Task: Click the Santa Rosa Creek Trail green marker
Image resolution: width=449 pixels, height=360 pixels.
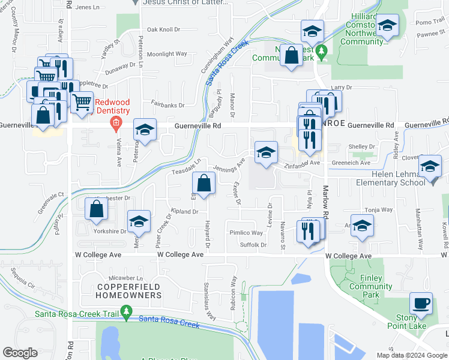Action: click(x=126, y=312)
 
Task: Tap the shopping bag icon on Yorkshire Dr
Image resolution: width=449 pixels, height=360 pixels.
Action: click(x=97, y=209)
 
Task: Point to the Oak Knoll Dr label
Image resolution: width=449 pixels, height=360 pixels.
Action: click(x=163, y=29)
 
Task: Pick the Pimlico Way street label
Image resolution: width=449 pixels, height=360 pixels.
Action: click(x=246, y=233)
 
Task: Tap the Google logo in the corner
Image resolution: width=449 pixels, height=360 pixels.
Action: click(x=20, y=353)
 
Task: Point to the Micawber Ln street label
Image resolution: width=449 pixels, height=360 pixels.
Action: click(x=127, y=278)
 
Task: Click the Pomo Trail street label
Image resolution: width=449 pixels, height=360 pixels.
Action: click(x=429, y=22)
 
